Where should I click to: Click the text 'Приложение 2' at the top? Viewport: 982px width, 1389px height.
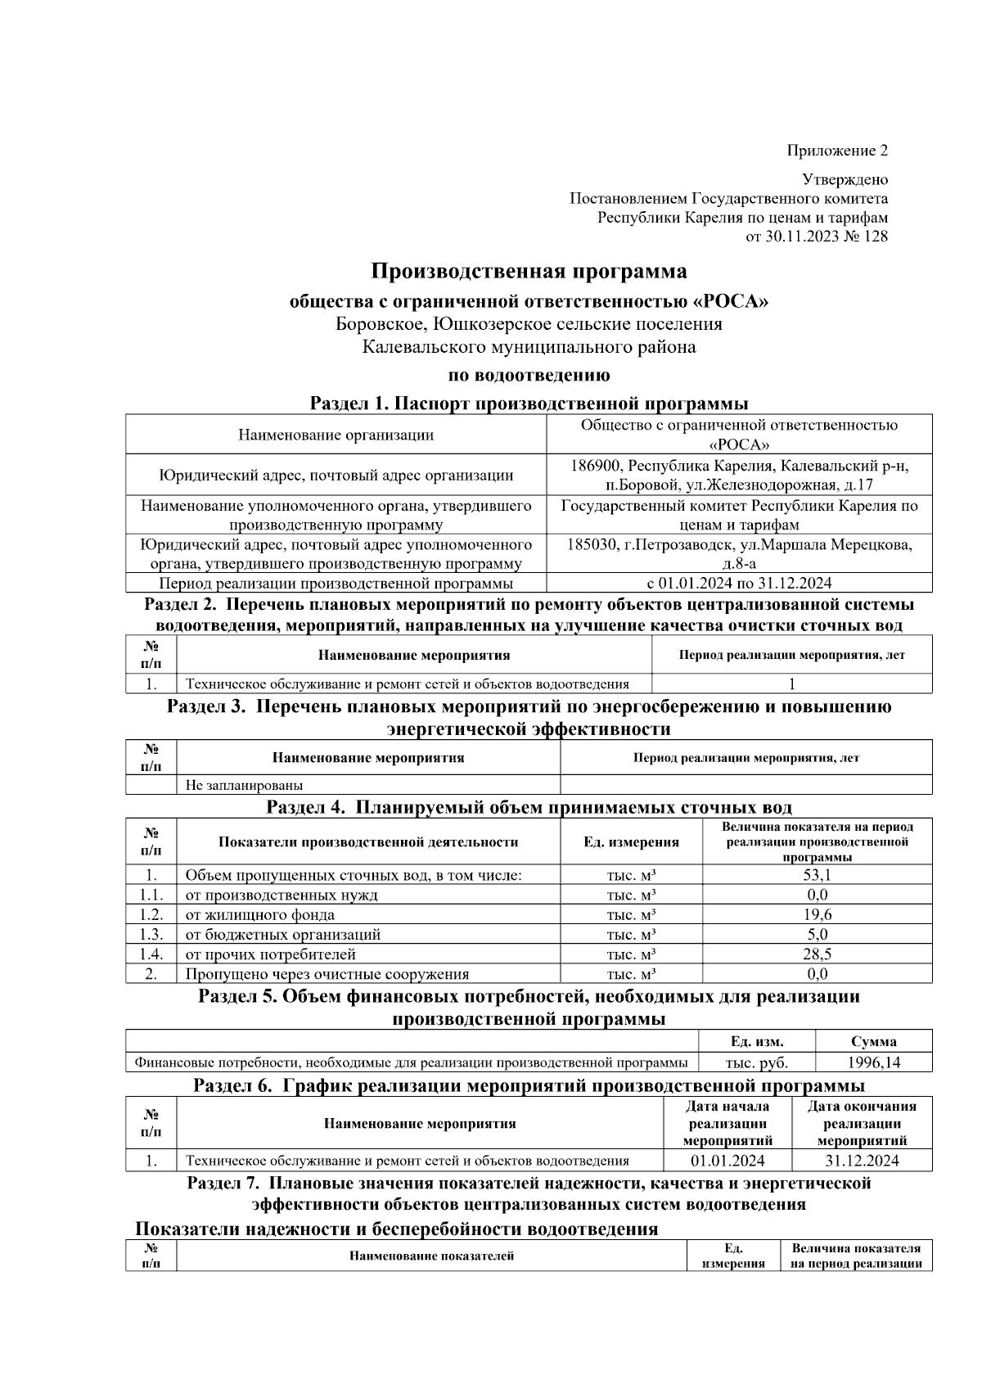[836, 151]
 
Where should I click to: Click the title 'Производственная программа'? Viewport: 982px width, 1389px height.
[529, 271]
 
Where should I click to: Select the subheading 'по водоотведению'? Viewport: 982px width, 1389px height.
[529, 376]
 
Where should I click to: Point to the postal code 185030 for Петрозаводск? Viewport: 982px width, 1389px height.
[592, 544]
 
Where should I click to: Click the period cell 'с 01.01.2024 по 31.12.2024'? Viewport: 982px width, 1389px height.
[739, 584]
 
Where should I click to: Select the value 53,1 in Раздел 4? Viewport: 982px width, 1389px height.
[817, 875]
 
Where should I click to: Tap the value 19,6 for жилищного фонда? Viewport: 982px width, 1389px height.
[817, 915]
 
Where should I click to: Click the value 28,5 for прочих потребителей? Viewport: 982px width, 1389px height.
[817, 954]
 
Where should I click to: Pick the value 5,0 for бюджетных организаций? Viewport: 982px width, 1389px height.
[817, 935]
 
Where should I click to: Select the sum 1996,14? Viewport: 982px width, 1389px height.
[873, 1062]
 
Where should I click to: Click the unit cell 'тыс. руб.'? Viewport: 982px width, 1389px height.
[757, 1062]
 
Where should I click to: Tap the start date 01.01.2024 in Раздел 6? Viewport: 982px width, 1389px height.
[727, 1161]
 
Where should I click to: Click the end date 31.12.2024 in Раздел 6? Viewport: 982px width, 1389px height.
[862, 1161]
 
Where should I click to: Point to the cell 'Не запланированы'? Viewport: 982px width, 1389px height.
[244, 785]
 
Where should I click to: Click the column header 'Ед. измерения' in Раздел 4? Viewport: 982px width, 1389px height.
[631, 842]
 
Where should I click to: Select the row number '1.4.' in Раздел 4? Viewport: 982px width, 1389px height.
[151, 954]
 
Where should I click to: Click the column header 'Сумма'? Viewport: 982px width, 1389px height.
[873, 1042]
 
